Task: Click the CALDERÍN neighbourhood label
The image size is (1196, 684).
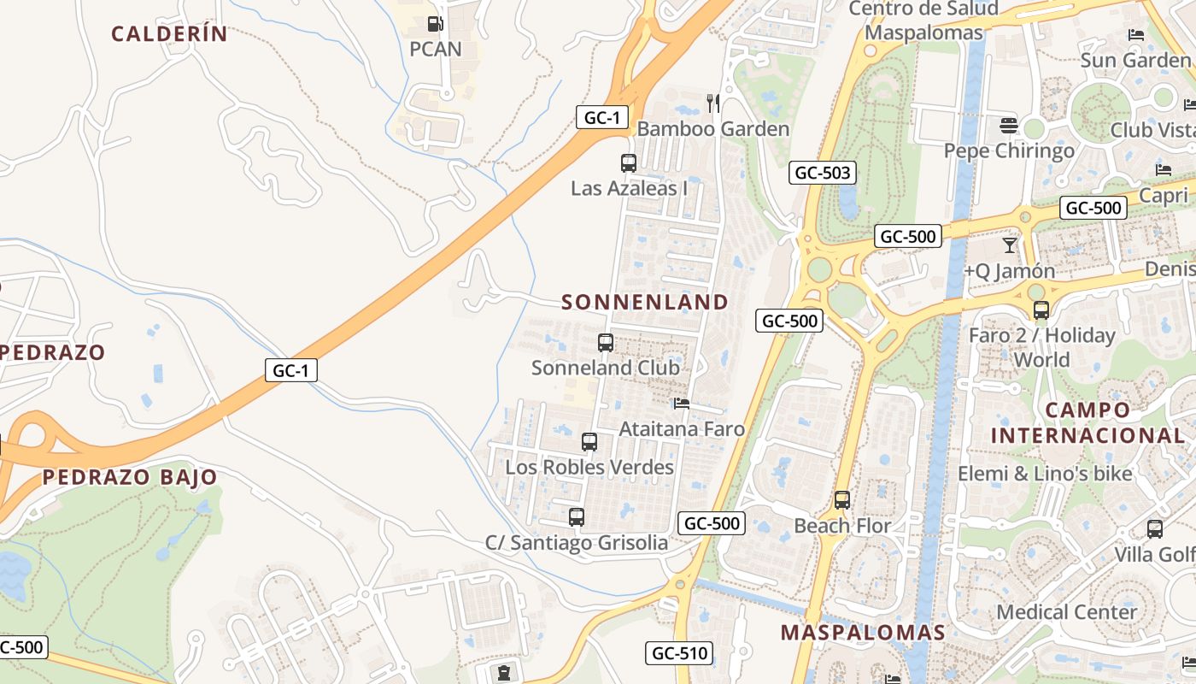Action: (169, 34)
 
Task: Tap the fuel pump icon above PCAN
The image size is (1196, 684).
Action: (435, 24)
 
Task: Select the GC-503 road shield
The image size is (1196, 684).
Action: (822, 173)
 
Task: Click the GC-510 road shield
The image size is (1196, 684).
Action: (679, 654)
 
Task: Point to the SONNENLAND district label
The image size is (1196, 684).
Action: (645, 302)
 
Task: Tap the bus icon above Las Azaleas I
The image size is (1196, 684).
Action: (628, 162)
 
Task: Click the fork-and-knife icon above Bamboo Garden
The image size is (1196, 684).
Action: (713, 103)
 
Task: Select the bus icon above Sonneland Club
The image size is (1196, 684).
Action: (606, 343)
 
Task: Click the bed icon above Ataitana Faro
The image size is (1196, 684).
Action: (681, 403)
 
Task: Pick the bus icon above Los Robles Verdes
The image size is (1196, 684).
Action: (589, 442)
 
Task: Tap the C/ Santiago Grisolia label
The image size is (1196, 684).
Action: (577, 543)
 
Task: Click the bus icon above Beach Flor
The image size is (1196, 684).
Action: (842, 500)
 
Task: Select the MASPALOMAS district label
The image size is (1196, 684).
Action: (863, 633)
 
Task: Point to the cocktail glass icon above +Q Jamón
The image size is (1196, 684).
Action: (1010, 245)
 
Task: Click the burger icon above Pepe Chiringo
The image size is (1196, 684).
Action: (1009, 126)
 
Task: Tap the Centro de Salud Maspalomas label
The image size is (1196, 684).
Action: (923, 21)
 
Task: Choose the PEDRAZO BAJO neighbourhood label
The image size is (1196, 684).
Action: (130, 477)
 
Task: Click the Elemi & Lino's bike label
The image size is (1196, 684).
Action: (1045, 474)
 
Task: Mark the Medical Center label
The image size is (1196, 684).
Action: (1066, 612)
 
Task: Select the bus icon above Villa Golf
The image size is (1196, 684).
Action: (1155, 529)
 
